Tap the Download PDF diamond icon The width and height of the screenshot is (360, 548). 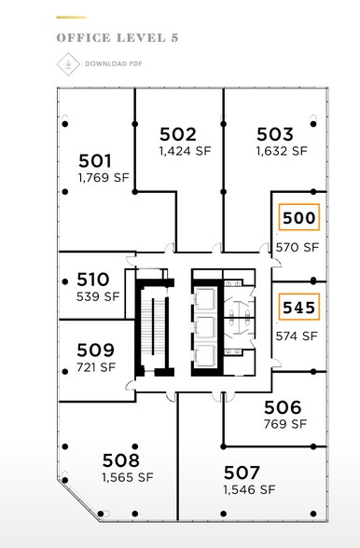click(x=65, y=63)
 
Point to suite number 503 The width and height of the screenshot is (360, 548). click(x=275, y=133)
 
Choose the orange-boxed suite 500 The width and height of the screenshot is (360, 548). click(x=299, y=218)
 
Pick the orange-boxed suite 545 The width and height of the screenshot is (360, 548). click(x=299, y=306)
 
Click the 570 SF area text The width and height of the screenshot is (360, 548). click(x=298, y=248)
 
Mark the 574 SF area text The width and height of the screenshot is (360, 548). click(x=298, y=336)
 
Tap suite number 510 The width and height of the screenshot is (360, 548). click(x=93, y=279)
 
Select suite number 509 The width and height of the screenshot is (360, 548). click(x=96, y=349)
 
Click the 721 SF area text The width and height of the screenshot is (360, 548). click(x=96, y=366)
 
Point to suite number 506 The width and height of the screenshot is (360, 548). click(x=283, y=406)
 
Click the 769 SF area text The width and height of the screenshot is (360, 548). click(x=284, y=423)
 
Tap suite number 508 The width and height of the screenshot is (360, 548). click(x=121, y=459)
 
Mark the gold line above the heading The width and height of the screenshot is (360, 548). click(x=71, y=17)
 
